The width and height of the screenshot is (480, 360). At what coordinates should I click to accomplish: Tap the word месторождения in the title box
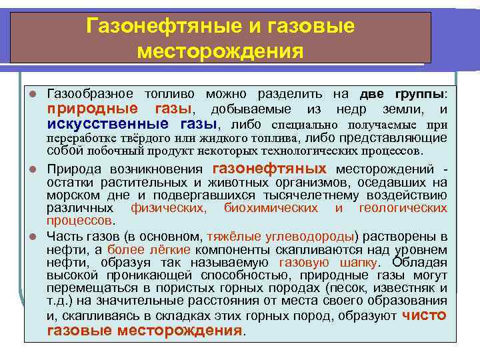point(219,51)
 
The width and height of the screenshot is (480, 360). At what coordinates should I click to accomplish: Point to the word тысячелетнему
point(347,195)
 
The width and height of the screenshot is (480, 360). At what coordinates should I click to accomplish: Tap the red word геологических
point(403,208)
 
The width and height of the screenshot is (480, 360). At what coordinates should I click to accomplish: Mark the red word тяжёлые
point(229,236)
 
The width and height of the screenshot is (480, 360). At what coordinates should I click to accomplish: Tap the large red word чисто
point(425,315)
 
